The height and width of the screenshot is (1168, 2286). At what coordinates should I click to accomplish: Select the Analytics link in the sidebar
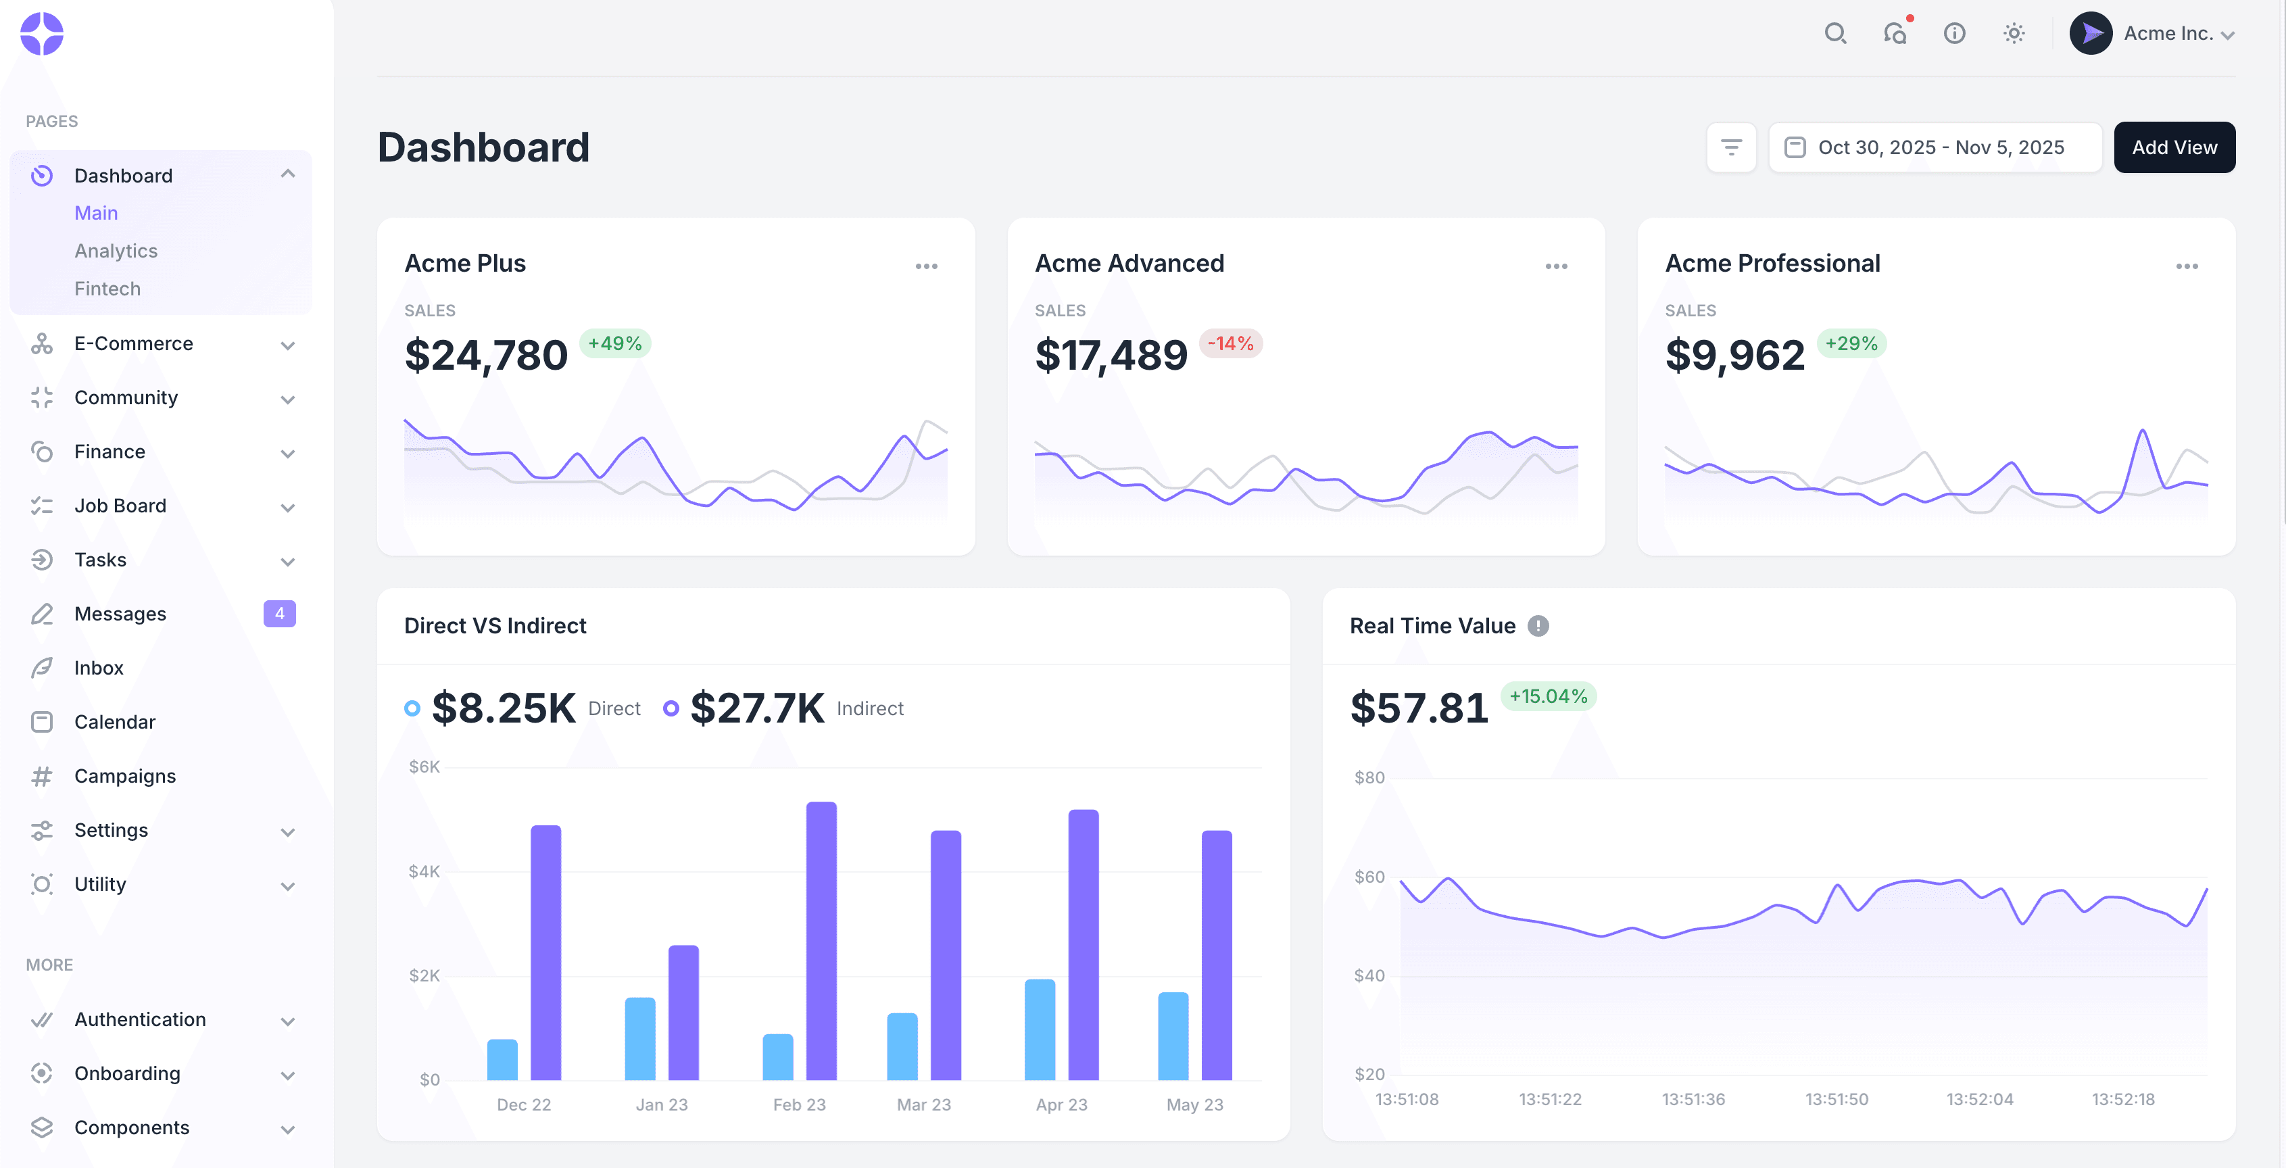(116, 251)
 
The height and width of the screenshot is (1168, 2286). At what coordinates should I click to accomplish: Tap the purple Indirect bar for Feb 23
(821, 941)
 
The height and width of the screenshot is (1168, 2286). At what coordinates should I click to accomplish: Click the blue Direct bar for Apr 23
(1039, 1029)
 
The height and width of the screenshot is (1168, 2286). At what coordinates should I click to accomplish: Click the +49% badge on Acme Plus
(614, 343)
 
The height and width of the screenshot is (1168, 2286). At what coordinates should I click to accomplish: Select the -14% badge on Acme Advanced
(1230, 343)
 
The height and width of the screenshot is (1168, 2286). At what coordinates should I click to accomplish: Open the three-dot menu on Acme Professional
(2187, 266)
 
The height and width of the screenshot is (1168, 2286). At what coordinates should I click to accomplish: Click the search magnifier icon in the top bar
(1835, 34)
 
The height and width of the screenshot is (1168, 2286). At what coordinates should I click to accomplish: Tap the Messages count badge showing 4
(280, 613)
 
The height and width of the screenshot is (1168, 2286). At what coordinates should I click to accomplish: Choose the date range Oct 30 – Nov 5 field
(1935, 147)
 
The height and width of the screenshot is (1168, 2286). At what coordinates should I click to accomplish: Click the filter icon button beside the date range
(1730, 147)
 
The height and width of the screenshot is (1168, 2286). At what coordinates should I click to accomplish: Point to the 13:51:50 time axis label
(1836, 1099)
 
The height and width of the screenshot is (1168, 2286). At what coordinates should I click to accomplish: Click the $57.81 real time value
(1418, 708)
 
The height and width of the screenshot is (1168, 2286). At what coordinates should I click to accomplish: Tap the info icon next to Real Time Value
(1538, 626)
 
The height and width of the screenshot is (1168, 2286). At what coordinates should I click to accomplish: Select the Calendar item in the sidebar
(114, 722)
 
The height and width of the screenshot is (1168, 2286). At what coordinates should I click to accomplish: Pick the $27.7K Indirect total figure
(757, 708)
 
